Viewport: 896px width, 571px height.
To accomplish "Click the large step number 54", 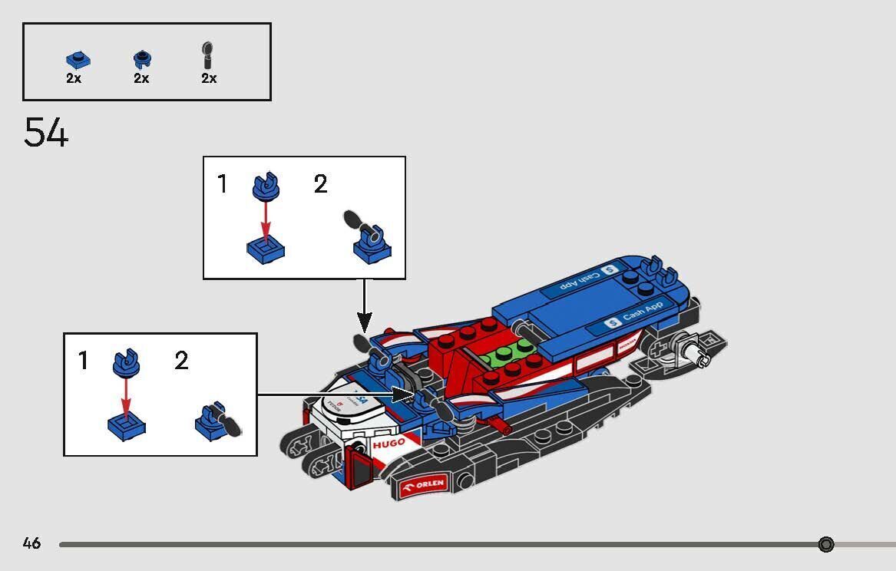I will click(46, 133).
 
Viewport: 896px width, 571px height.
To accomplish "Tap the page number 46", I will click(31, 543).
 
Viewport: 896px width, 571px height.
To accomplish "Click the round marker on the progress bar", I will click(826, 544).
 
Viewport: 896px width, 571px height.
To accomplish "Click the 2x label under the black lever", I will click(209, 78).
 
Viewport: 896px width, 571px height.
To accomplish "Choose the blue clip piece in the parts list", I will click(141, 59).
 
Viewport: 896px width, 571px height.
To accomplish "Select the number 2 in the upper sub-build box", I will click(320, 184).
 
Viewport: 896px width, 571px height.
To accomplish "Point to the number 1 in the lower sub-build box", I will click(84, 361).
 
